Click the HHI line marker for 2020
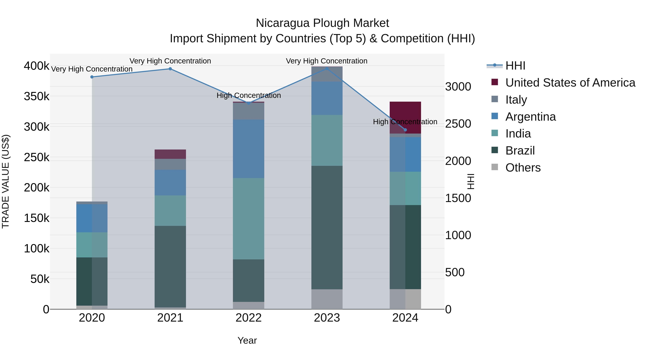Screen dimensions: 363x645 [92, 77]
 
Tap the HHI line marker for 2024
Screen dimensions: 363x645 [405, 130]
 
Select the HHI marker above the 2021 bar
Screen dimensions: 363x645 [170, 69]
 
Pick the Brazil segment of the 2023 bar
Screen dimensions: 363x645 [327, 227]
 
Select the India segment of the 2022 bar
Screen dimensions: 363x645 [248, 219]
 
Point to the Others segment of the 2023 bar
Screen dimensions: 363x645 [327, 299]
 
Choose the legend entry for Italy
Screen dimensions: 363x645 [516, 100]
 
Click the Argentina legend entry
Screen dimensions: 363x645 [530, 117]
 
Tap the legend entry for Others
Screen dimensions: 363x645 [523, 168]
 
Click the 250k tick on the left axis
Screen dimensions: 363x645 [37, 157]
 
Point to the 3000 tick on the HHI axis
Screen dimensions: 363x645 [458, 87]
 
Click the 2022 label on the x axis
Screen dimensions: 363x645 [248, 318]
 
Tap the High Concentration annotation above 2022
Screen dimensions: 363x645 [248, 95]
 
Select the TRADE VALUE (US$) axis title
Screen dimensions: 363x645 [6, 181]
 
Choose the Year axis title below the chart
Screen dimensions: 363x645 [247, 340]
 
